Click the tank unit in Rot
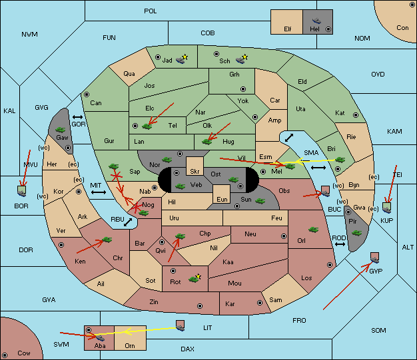(x=195, y=278)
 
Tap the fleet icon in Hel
(x=316, y=21)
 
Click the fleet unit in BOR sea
(x=22, y=191)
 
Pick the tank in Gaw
(x=60, y=130)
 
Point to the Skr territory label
(x=195, y=172)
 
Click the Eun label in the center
(x=222, y=199)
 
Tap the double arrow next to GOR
(x=78, y=117)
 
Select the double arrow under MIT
(x=99, y=192)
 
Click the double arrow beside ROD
(x=340, y=244)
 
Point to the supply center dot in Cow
(x=5, y=355)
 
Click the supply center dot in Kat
(x=356, y=115)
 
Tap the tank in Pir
(x=356, y=233)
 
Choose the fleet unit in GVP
(x=375, y=258)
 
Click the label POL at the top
(x=151, y=11)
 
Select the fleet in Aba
(x=100, y=337)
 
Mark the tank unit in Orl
(x=314, y=230)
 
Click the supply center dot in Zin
(x=200, y=306)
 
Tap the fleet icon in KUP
(x=386, y=208)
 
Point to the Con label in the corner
(x=402, y=28)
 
